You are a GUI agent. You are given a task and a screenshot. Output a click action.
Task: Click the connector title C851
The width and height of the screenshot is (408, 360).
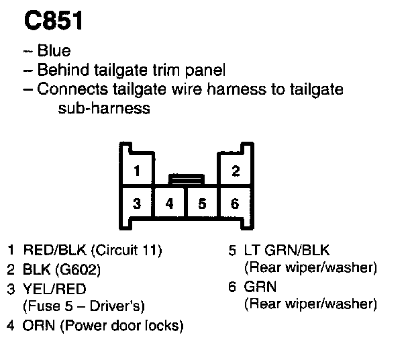coord(54,21)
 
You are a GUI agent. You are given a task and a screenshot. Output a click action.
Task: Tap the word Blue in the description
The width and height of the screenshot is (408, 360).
coord(54,52)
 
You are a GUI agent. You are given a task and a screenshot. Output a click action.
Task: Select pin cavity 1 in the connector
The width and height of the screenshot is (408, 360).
coord(137,171)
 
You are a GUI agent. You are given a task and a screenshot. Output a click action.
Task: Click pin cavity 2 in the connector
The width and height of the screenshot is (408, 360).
coord(236,171)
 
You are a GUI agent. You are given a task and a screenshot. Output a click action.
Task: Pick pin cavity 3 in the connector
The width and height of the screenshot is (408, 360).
coord(137,203)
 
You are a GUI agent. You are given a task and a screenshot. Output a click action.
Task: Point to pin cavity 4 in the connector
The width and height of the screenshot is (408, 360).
coord(170,203)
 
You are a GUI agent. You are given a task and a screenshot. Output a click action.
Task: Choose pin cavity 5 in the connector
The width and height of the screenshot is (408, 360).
coord(202,203)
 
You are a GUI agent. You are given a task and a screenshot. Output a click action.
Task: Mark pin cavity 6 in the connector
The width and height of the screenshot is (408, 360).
coord(235,203)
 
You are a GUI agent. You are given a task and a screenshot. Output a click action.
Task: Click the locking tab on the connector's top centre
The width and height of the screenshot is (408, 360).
coord(186,179)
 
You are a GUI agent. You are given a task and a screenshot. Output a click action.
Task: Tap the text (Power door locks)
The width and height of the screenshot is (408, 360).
coord(120,326)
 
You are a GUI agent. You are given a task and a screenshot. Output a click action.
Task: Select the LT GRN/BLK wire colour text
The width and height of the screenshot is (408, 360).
coord(289,251)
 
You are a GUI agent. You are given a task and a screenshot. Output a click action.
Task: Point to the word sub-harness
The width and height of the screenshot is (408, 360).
coord(100,108)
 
